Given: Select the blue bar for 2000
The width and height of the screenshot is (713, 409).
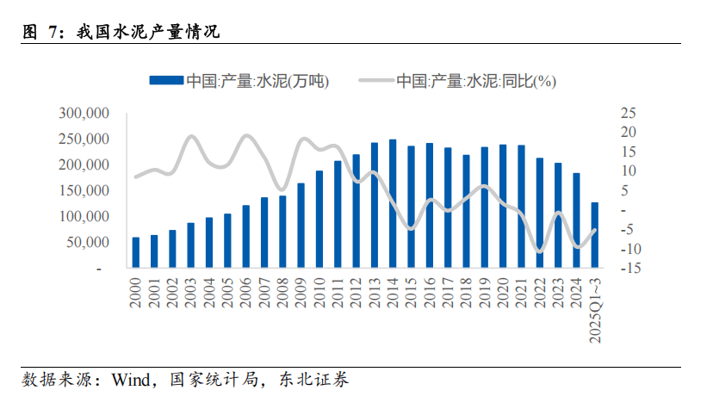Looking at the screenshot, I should [x=135, y=252].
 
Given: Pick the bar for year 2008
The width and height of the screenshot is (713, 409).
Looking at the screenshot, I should [x=282, y=232].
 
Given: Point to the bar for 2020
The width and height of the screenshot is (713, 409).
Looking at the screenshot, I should [x=503, y=207].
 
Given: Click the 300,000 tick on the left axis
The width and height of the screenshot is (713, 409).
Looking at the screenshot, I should [x=83, y=113].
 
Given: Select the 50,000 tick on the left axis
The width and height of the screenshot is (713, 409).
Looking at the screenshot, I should [x=86, y=243].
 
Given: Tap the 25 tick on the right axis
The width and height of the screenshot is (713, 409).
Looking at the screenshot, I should [x=627, y=113].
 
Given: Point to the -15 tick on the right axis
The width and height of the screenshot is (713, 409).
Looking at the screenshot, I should [x=627, y=269].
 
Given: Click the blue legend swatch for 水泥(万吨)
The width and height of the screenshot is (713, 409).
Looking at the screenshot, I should [x=166, y=81].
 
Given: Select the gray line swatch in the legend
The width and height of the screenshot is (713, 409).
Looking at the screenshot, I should [x=375, y=81].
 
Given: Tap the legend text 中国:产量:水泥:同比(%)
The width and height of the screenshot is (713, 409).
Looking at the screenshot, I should [x=476, y=81].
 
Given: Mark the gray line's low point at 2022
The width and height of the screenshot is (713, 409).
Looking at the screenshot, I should [x=539, y=251].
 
